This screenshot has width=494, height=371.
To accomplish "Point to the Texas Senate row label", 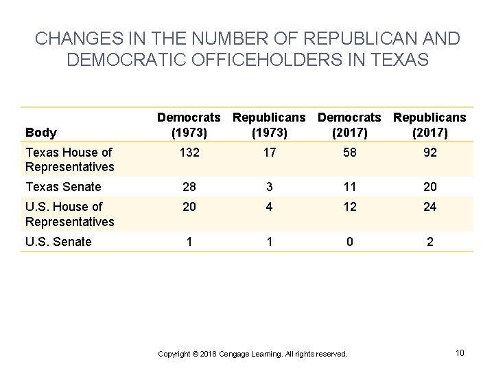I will (62, 186).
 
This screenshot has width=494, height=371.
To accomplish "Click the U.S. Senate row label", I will (58, 241).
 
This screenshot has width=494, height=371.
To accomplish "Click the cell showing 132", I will (189, 152).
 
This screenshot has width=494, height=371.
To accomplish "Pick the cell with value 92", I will (430, 152).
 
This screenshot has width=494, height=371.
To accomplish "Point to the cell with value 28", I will (189, 186).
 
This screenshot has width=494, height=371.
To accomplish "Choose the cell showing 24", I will (430, 207).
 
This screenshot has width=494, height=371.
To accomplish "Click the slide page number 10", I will (460, 352).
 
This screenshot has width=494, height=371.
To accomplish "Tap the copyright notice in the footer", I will (252, 354).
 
